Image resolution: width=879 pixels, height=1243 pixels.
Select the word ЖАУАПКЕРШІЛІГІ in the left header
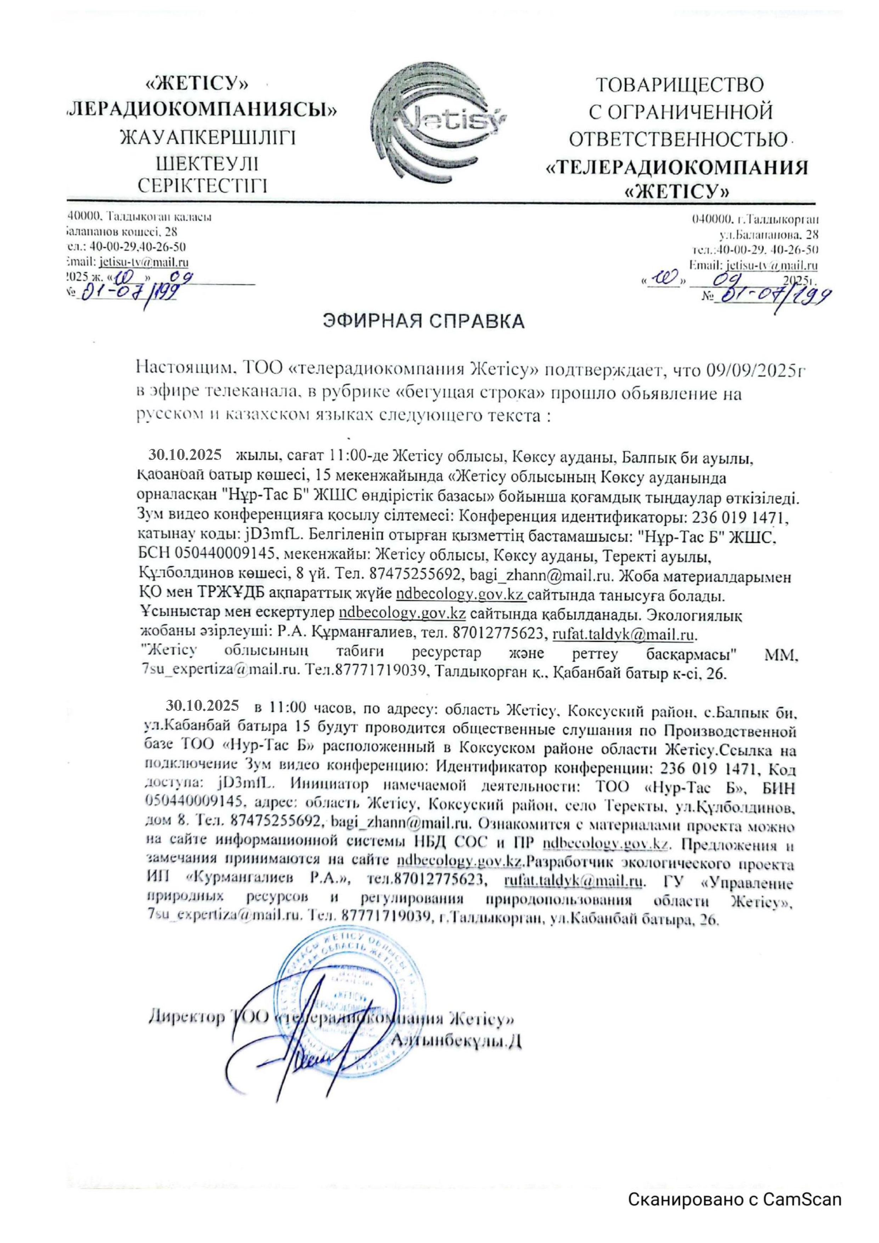tap(208, 137)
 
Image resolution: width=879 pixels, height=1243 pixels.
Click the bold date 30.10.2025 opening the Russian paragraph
tap(202, 705)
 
